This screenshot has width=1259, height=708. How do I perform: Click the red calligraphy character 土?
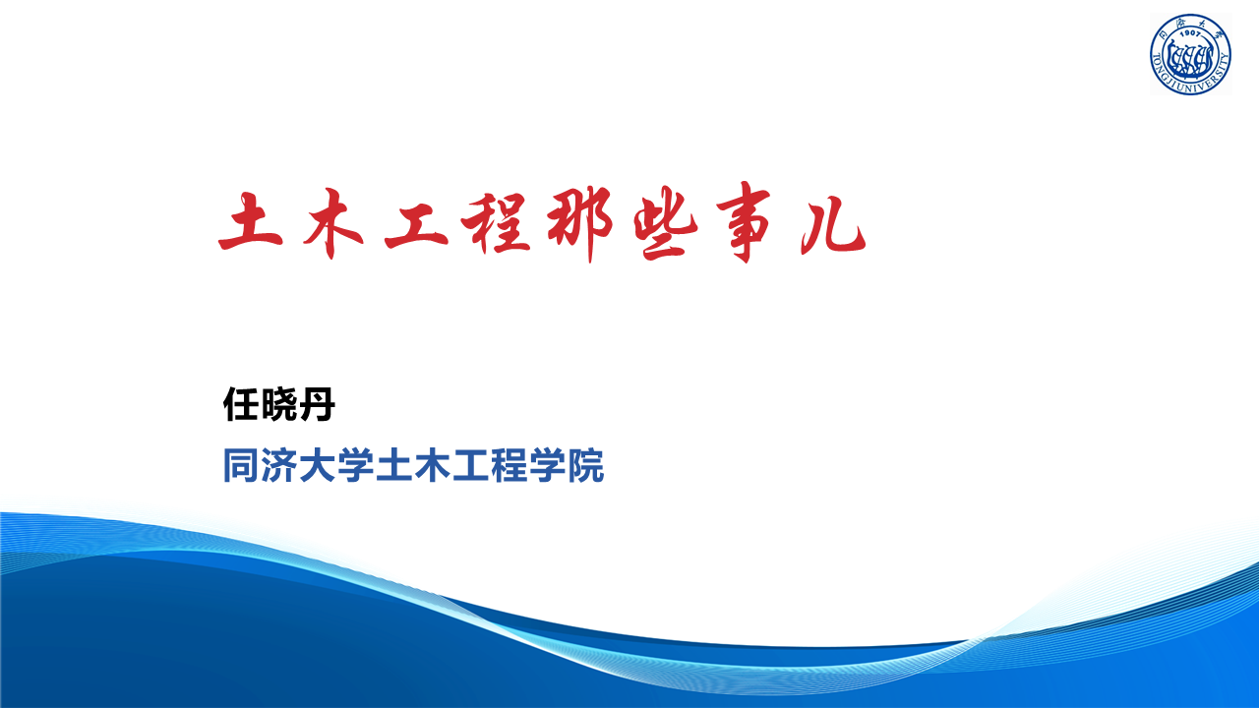coord(251,221)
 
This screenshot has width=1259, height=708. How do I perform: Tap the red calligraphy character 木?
coord(332,223)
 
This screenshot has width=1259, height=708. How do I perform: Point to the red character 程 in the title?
coord(496,222)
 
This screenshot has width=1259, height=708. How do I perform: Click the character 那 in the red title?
coord(580,222)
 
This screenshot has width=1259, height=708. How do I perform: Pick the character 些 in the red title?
coord(666,223)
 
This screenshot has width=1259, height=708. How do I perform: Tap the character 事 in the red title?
coord(745,222)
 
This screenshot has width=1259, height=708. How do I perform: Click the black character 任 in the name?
coord(242,404)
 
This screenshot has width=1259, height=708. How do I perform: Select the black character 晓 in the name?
coord(279,404)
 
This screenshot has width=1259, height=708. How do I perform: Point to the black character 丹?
coord(317,404)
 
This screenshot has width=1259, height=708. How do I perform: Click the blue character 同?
coord(241,465)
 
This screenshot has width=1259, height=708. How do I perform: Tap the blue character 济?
coord(279,465)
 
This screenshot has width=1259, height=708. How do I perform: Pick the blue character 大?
coord(318,465)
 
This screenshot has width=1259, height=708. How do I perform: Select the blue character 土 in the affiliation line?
coord(394,465)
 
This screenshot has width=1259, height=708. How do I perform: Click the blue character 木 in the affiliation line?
coord(432,465)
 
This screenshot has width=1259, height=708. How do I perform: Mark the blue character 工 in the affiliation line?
coord(470,465)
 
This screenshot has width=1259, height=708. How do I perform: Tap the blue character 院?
coord(585,465)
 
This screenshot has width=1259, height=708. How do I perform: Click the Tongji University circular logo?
coord(1190,54)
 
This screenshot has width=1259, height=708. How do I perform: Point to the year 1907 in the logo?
coord(1190,33)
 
